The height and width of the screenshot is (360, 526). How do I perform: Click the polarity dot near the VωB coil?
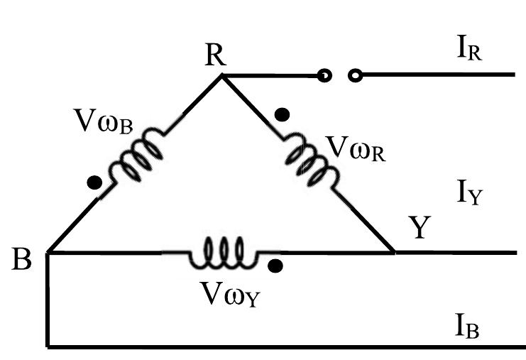(93, 182)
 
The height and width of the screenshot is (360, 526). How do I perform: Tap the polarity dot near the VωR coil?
(283, 114)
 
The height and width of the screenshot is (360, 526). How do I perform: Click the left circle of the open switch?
(324, 74)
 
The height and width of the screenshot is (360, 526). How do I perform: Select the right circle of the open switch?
(356, 74)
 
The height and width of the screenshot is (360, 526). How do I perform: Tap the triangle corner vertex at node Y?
(394, 251)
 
